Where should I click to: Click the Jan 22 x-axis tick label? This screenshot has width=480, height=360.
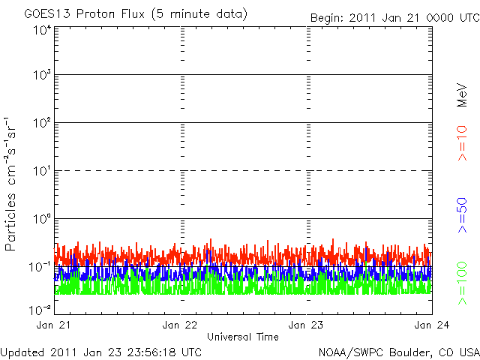(x=181, y=325)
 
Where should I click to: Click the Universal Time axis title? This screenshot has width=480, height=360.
(x=243, y=337)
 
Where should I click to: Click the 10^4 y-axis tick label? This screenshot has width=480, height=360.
(x=42, y=29)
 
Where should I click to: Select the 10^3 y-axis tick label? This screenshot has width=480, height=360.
(x=42, y=75)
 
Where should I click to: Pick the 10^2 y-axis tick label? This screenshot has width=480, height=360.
(x=42, y=123)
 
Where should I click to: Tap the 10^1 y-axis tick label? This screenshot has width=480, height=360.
(x=42, y=171)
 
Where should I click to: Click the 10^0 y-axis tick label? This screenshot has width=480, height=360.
(x=42, y=219)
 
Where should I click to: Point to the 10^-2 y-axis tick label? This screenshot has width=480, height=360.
(x=40, y=309)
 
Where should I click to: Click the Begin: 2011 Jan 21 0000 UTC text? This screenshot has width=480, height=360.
(x=394, y=17)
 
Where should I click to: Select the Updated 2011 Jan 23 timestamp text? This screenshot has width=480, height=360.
(x=101, y=351)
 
